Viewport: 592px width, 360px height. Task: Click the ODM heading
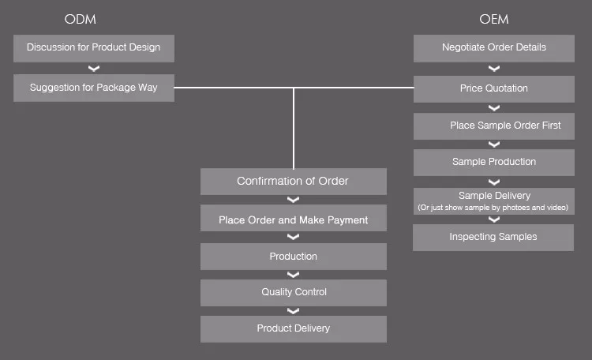pos(81,18)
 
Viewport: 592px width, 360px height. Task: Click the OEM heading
pos(494,18)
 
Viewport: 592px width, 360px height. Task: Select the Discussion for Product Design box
pos(94,48)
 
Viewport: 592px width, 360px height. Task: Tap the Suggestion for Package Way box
pos(94,88)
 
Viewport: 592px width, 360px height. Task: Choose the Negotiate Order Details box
pos(494,48)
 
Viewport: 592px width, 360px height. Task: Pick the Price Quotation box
pos(494,88)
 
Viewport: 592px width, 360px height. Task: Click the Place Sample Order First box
pos(494,126)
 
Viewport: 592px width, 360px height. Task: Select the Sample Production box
pos(494,162)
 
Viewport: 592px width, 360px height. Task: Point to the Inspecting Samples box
pos(493,237)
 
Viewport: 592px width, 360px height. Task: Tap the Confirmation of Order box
pos(293,182)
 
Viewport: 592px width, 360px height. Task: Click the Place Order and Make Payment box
pos(293,219)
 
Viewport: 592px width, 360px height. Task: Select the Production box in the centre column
pos(293,257)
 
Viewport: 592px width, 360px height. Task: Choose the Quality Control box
pos(293,293)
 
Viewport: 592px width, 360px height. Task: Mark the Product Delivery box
pos(293,328)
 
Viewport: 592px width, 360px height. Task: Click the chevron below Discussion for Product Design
pos(94,69)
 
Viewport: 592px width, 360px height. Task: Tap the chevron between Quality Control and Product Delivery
pos(293,311)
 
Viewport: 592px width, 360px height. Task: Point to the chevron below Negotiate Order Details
pos(494,69)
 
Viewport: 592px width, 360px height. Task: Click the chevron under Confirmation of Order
pos(293,201)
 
